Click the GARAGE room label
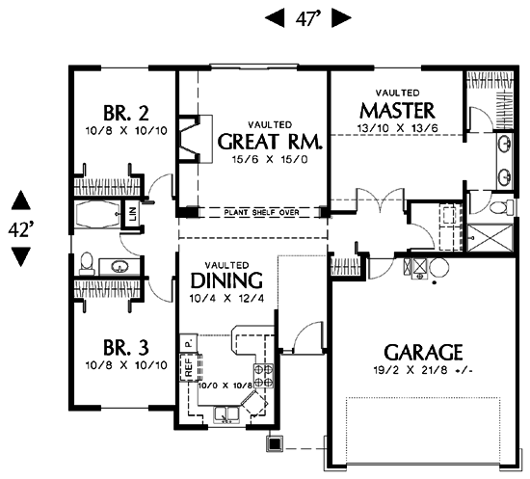[423, 352]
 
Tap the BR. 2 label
[125, 113]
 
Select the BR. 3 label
[125, 348]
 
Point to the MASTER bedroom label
[397, 110]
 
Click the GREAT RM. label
[270, 142]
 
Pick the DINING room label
[226, 280]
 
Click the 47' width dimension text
[307, 18]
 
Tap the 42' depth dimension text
[21, 230]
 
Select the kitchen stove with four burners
[264, 375]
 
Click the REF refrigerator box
[189, 367]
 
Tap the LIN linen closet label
[133, 213]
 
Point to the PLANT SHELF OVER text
[261, 213]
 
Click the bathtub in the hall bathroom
[97, 215]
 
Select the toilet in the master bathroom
[502, 206]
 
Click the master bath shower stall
[490, 237]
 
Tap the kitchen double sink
[226, 414]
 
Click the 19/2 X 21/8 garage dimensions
[423, 370]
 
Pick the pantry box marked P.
[188, 343]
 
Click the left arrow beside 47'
[275, 18]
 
